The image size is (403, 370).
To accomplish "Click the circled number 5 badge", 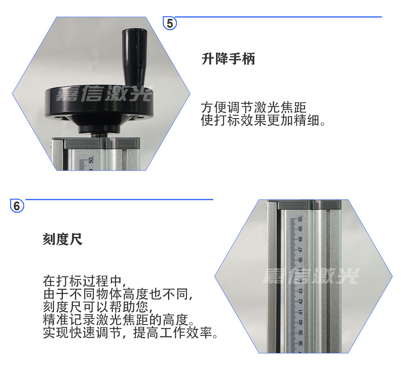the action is click(x=170, y=23).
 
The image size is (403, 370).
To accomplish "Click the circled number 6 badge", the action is click(x=17, y=206).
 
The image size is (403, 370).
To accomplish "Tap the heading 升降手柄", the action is click(x=228, y=59).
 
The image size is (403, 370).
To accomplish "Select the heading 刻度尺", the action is click(x=63, y=239).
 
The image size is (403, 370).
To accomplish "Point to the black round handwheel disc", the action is click(x=99, y=103).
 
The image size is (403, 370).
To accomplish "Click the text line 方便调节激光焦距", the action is click(x=253, y=107).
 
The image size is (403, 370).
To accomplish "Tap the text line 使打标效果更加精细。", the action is click(x=263, y=120).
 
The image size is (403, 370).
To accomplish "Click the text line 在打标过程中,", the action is click(x=85, y=281).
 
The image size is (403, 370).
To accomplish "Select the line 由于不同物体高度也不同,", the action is click(x=118, y=294).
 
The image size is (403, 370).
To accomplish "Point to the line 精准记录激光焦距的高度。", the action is click(x=118, y=319).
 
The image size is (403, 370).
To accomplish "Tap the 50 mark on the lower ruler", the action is click(x=300, y=219).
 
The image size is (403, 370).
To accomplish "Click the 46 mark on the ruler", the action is click(x=300, y=260).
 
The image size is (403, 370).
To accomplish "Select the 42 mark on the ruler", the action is click(x=300, y=302).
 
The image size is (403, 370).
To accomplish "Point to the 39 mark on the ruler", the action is click(x=300, y=333).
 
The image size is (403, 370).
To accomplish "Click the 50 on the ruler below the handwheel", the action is click(x=91, y=160).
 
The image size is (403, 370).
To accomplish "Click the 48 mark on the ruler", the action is click(x=300, y=239).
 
